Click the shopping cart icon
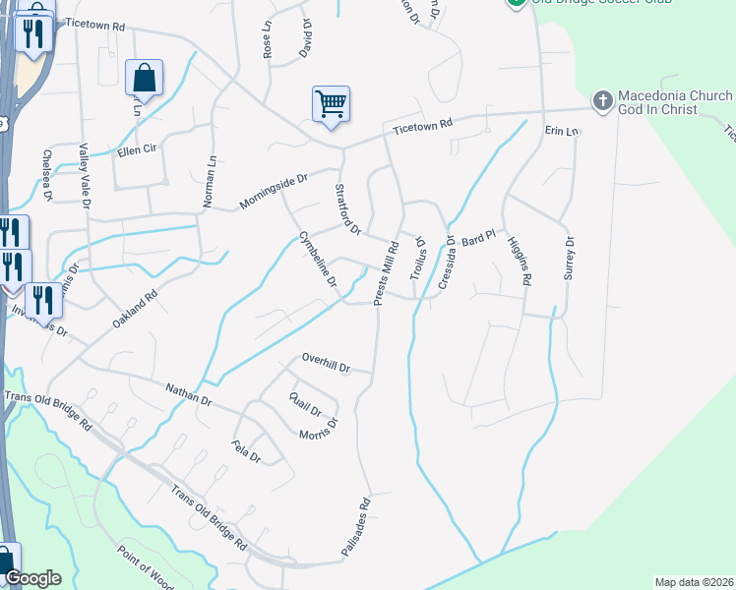[x=332, y=103]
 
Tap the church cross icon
[x=602, y=100]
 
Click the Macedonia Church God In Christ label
[x=674, y=102]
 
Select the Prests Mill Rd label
[x=386, y=272]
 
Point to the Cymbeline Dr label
[x=319, y=260]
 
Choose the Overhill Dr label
[x=326, y=363]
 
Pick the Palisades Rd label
[x=355, y=528]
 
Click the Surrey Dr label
[x=568, y=259]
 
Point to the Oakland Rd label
[x=135, y=309]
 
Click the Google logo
[x=32, y=578]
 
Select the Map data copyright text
[x=693, y=582]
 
